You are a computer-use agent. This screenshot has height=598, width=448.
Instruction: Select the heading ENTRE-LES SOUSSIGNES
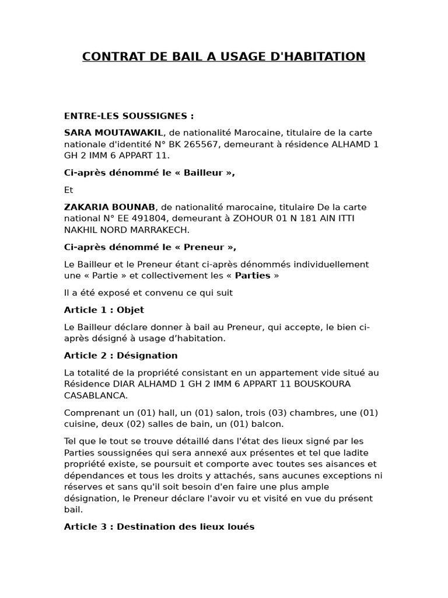tap(129, 116)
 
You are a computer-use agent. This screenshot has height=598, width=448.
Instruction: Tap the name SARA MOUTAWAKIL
tap(114, 133)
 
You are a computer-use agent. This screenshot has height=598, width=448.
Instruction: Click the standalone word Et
tap(69, 190)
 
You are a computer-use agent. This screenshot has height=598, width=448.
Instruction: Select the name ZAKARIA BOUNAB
tap(110, 207)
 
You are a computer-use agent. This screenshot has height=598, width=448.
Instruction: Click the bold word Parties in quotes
tap(253, 276)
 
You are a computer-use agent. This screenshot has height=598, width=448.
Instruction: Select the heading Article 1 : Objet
tap(104, 310)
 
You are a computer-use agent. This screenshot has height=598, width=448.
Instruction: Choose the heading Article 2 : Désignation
tap(121, 355)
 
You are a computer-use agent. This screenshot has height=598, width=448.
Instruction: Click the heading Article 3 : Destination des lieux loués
tap(159, 527)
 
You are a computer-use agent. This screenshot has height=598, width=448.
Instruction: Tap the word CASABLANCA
tap(96, 395)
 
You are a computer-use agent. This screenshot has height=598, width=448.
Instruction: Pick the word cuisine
tap(81, 424)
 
